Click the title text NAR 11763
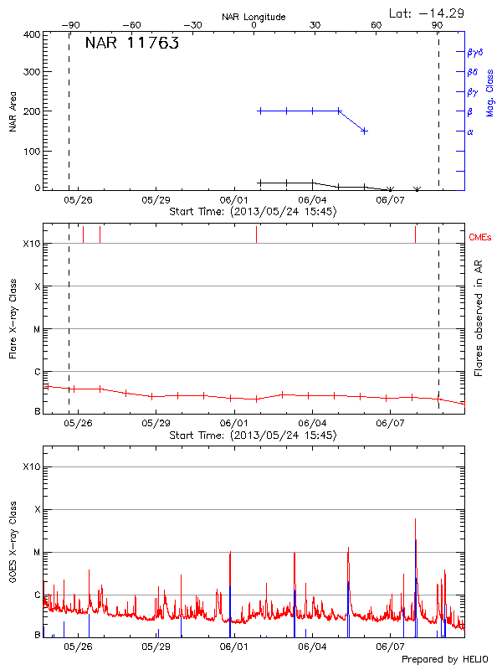point(131,44)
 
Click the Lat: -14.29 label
point(428,13)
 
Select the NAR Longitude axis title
point(254,16)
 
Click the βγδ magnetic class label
point(475,52)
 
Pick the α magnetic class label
point(470,131)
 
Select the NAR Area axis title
point(13,111)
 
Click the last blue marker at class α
point(364,131)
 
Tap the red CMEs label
point(480,238)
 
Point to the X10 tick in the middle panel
point(32,244)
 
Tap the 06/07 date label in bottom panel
point(390,647)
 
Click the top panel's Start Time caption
point(253,212)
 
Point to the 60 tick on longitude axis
point(376,25)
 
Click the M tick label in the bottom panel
point(37,552)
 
